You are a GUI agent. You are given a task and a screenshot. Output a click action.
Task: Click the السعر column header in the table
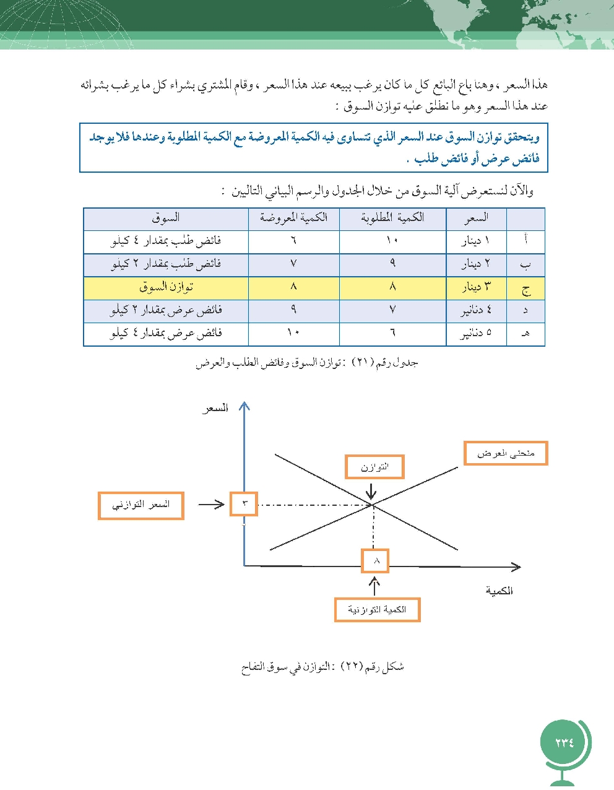pos(476,217)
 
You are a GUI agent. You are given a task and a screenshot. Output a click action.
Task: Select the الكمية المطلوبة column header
pos(392,217)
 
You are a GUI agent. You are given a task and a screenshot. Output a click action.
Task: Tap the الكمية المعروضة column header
pos(293,217)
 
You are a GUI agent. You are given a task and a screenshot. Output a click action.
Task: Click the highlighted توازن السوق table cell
pos(166,287)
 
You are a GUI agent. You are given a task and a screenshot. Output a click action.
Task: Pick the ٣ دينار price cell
pos(476,287)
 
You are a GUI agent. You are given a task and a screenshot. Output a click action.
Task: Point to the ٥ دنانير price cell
pos(476,334)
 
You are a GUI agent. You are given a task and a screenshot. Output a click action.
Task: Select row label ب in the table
pos(525,264)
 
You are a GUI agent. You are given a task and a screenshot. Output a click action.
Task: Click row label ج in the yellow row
pos(525,288)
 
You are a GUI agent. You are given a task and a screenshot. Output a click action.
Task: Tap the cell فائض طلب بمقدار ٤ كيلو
pos(166,241)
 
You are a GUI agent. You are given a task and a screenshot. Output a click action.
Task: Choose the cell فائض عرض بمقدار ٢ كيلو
pos(166,311)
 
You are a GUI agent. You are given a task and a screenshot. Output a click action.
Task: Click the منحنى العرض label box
pos(506,453)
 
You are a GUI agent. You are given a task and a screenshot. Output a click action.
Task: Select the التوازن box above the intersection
pos(374,467)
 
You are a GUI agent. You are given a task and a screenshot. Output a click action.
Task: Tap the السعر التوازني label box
pos(141,505)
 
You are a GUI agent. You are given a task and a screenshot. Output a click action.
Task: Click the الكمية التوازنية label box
pos(377,610)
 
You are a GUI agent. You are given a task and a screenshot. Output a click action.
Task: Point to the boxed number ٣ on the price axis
pos(243,504)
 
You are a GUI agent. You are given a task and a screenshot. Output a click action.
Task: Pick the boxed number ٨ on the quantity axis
pos(375,561)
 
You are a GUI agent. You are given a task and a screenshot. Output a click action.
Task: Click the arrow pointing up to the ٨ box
pos(375,586)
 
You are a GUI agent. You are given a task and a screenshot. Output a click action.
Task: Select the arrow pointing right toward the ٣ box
pos(211,505)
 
